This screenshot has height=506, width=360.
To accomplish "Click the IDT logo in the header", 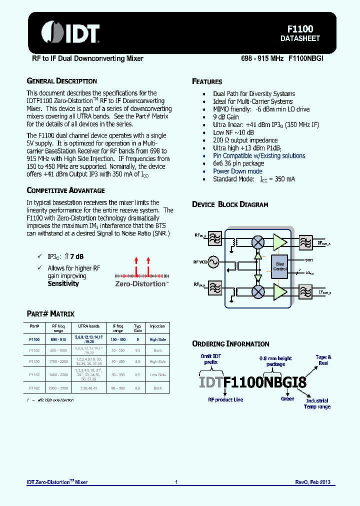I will (x=70, y=32).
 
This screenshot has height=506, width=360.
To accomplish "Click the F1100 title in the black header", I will (x=300, y=29).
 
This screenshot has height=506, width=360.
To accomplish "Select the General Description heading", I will (x=61, y=81).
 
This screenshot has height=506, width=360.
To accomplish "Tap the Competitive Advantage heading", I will (x=65, y=190).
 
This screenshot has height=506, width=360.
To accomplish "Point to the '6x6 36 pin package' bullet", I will (x=238, y=163).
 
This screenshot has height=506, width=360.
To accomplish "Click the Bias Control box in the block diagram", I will (x=280, y=266).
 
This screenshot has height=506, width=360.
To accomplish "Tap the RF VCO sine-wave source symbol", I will (x=213, y=261).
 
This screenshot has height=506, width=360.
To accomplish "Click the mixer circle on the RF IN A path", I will (x=258, y=242).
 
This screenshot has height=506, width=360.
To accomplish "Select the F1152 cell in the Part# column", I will (x=34, y=374).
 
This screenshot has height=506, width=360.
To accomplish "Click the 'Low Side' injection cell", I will (x=157, y=374).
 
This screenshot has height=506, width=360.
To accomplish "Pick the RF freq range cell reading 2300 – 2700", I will (x=58, y=388).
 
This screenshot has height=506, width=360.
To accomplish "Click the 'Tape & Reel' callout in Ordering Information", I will (x=323, y=360).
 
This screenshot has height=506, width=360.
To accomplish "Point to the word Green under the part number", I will (x=287, y=399).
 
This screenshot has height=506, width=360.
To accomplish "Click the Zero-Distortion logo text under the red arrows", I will (x=140, y=283).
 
